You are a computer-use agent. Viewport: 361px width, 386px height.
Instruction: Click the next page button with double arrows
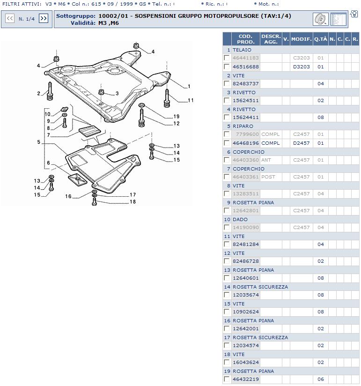point(44,18)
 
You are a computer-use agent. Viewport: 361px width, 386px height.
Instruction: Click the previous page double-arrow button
point(9,18)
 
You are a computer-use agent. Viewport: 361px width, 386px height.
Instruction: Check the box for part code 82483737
point(227,83)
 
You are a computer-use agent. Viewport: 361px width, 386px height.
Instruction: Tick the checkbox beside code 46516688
point(227,67)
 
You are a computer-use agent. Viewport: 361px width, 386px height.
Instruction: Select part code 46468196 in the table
point(246,143)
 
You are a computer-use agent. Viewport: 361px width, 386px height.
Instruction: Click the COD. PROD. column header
point(246,39)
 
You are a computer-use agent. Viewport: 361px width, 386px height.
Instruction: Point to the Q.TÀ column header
point(321,39)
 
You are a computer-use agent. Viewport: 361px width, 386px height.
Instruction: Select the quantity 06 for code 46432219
point(321,379)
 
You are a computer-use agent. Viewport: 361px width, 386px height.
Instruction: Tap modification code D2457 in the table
point(302,143)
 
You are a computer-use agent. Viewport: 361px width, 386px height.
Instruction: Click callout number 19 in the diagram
point(177,116)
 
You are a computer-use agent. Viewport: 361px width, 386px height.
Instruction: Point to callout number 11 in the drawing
point(191,100)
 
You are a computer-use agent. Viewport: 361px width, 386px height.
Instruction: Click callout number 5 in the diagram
point(39,141)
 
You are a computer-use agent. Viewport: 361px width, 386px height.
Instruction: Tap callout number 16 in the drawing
point(68,197)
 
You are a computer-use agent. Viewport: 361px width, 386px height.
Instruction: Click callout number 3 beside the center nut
point(117,94)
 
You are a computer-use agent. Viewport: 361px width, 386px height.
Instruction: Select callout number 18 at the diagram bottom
point(133,202)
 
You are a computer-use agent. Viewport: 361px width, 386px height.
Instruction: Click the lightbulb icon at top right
point(354,14)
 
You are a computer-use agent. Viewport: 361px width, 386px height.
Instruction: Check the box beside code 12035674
point(227,295)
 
